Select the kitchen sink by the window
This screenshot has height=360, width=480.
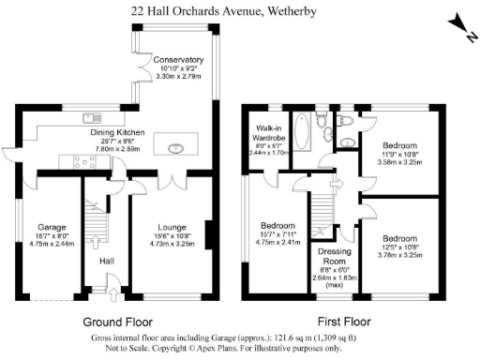(x=92, y=118)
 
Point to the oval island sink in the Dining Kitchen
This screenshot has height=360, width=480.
(x=175, y=147)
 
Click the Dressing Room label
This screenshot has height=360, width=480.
(x=334, y=256)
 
